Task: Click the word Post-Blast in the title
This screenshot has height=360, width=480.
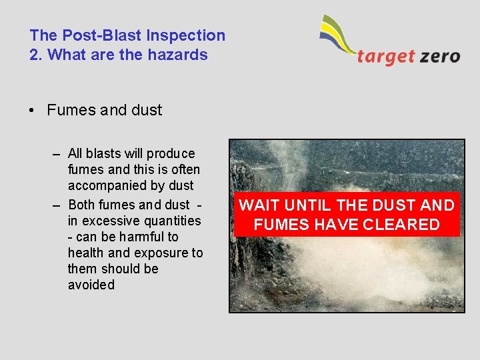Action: pos(95,35)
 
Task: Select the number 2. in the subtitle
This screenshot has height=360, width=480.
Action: pos(36,55)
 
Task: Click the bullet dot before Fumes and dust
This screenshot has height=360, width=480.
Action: pos(32,111)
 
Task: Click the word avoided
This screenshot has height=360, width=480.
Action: pos(91,285)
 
